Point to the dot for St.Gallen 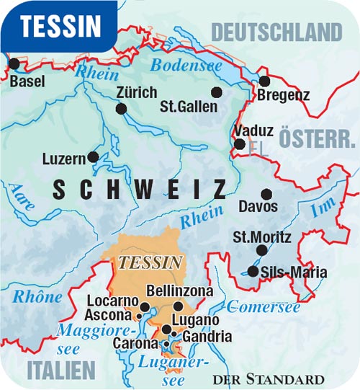[x=216, y=92]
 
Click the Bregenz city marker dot [x=264, y=81]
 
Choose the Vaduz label [x=254, y=131]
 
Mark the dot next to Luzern [x=92, y=156]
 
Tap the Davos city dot [x=266, y=194]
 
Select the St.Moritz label [x=262, y=236]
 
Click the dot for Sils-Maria [x=253, y=272]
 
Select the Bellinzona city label [x=180, y=291]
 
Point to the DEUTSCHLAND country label [x=276, y=32]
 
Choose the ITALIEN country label [x=60, y=370]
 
